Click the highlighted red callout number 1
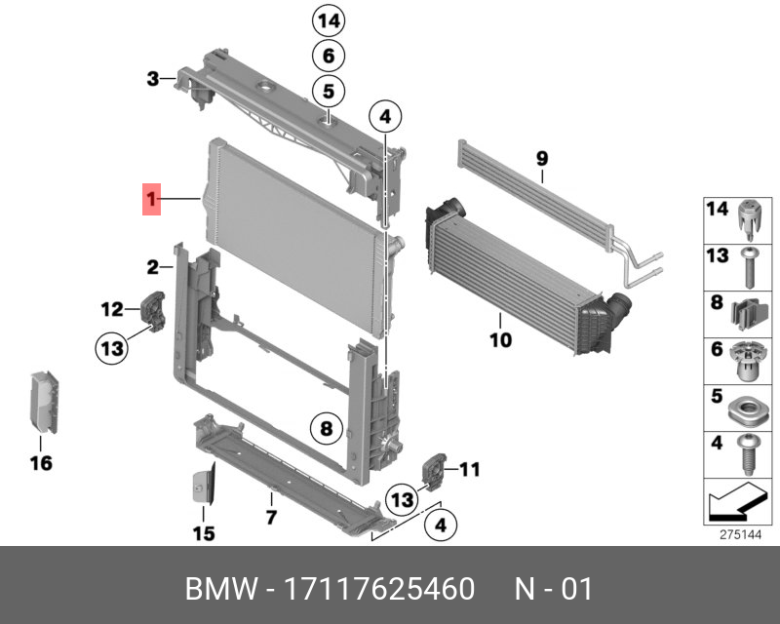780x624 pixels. click(152, 201)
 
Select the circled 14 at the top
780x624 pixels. click(329, 19)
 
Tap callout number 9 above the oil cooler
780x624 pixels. click(542, 158)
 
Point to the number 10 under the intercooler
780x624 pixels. click(500, 340)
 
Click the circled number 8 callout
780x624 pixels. click(328, 427)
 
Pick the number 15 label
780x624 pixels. click(202, 533)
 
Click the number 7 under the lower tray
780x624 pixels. click(272, 516)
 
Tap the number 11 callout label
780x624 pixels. click(469, 471)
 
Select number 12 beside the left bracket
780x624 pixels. click(111, 310)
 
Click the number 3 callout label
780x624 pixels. click(152, 79)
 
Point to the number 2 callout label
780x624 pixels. click(153, 266)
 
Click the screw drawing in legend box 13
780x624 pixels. click(747, 265)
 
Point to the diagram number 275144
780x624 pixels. click(738, 535)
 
